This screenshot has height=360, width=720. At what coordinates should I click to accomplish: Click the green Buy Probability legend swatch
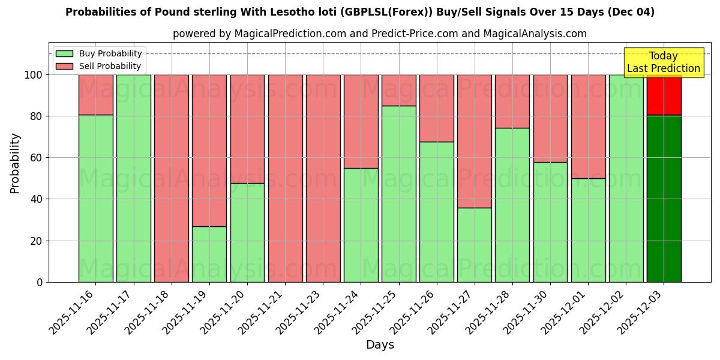click(x=64, y=54)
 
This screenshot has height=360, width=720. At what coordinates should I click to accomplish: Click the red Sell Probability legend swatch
click(x=64, y=67)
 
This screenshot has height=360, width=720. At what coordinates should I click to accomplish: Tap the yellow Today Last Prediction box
click(x=664, y=62)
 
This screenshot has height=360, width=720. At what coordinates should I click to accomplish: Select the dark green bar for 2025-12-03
click(x=664, y=198)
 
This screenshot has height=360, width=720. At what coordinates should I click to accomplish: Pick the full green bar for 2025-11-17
click(x=134, y=178)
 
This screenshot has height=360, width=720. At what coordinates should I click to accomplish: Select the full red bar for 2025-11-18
click(x=172, y=178)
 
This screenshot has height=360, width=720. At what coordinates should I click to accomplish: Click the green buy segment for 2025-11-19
click(x=209, y=254)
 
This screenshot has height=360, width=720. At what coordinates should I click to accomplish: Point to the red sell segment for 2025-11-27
click(x=475, y=141)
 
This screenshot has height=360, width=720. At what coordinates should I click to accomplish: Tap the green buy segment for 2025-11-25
click(x=399, y=194)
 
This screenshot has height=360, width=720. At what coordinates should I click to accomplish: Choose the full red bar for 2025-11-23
click(x=323, y=178)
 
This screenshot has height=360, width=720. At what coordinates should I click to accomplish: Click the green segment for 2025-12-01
click(x=588, y=230)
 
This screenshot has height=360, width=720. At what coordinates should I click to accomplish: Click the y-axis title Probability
click(x=15, y=163)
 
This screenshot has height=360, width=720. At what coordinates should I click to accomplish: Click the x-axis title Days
click(x=380, y=345)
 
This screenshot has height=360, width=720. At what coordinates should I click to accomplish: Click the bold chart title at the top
click(x=360, y=12)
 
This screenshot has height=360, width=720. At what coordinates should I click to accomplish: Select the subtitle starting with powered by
click(x=380, y=34)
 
